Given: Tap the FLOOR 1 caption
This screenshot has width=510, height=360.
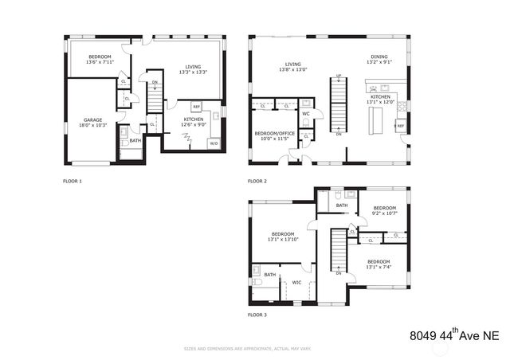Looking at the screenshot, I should (x=73, y=182).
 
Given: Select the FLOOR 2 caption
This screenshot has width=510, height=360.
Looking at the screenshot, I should (x=257, y=182).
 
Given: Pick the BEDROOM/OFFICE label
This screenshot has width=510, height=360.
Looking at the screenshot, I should (x=275, y=133).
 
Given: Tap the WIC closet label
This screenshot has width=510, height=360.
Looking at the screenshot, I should (x=296, y=282).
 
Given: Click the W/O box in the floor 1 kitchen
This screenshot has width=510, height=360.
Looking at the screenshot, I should (x=213, y=143).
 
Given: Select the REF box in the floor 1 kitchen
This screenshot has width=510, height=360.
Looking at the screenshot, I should (x=196, y=107).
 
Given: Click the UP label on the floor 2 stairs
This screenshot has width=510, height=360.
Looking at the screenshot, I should (x=339, y=76).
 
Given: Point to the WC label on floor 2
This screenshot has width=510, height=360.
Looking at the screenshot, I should (x=305, y=114).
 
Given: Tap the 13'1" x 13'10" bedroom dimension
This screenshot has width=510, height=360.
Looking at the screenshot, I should (x=283, y=239).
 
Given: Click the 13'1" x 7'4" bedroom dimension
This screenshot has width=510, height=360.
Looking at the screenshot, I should (x=379, y=268).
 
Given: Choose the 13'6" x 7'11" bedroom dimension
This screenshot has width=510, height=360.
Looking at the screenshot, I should (x=100, y=62).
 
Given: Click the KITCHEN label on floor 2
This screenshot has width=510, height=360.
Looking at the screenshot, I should (x=380, y=96).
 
